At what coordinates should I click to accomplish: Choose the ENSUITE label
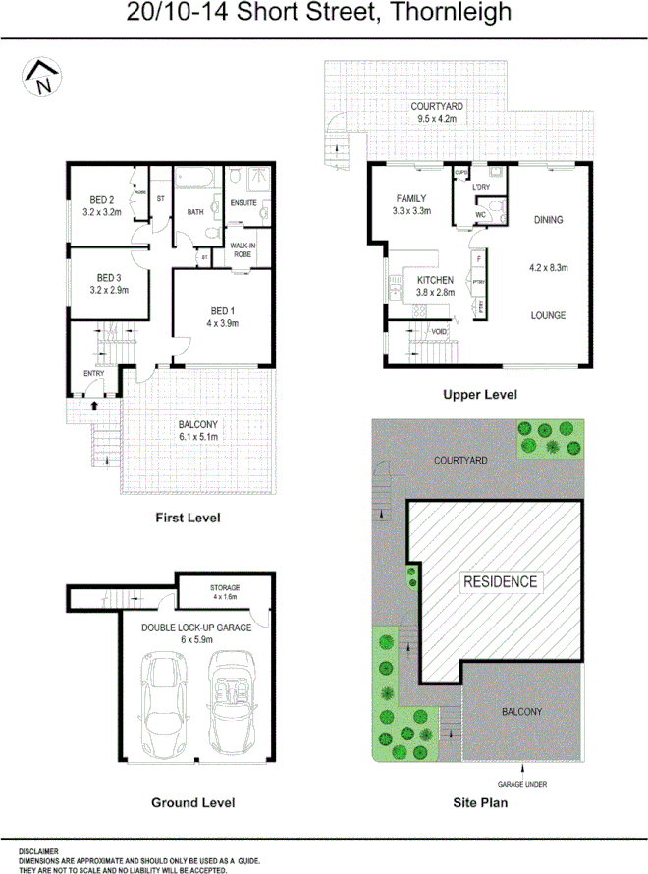tap(243, 203)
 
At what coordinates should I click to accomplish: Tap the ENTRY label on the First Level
tap(93, 372)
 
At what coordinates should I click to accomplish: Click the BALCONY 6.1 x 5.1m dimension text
tap(197, 436)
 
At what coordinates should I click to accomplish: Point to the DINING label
tap(548, 220)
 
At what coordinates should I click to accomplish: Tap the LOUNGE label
tap(548, 315)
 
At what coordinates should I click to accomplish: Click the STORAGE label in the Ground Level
tap(225, 587)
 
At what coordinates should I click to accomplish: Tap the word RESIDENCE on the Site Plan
tap(500, 581)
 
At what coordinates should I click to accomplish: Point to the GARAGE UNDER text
tap(521, 784)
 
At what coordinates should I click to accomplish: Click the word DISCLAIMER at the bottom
tap(37, 851)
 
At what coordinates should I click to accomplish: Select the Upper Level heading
tap(479, 395)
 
